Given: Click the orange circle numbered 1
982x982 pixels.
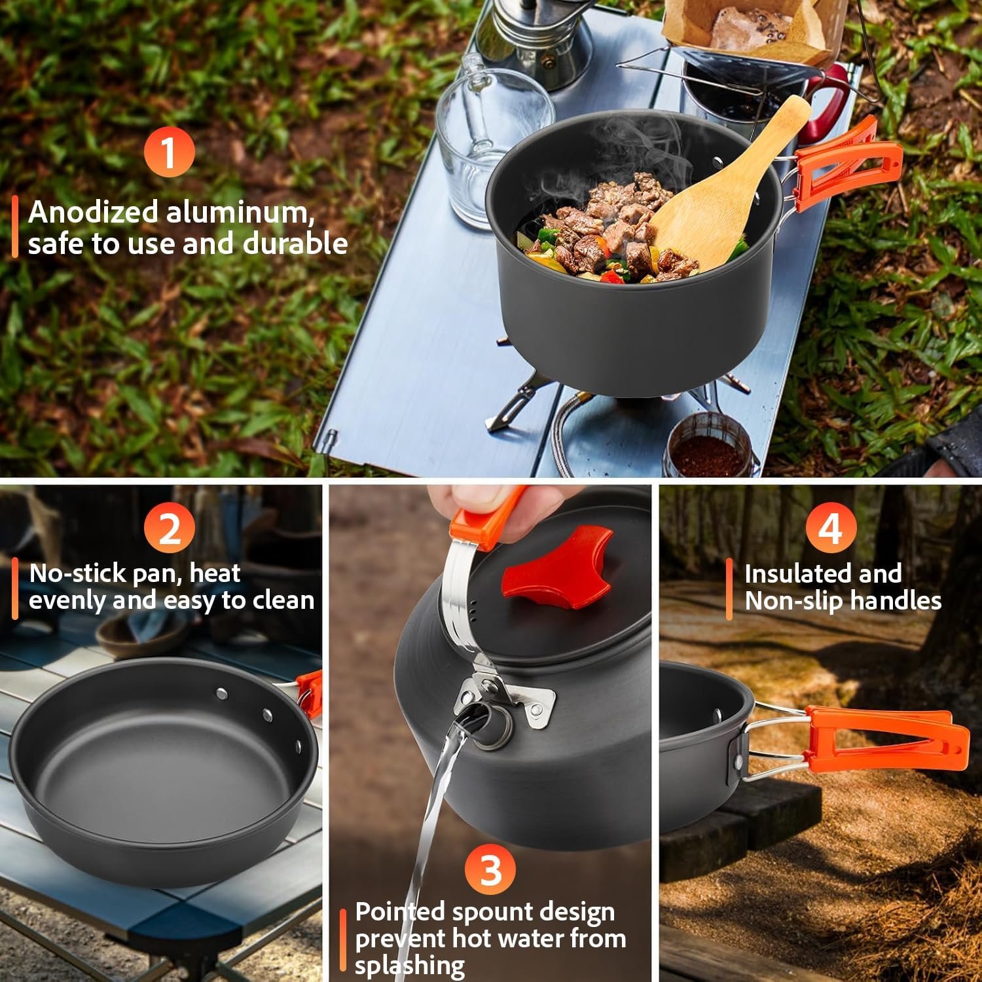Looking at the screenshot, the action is click(169, 152).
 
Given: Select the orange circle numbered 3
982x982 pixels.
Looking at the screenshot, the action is click(490, 870).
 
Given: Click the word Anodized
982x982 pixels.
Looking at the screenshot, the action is click(94, 212).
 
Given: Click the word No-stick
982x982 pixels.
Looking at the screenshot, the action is click(78, 573).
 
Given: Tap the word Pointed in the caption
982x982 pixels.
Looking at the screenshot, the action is click(400, 911).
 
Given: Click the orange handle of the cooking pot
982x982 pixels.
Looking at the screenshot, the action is click(846, 164).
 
